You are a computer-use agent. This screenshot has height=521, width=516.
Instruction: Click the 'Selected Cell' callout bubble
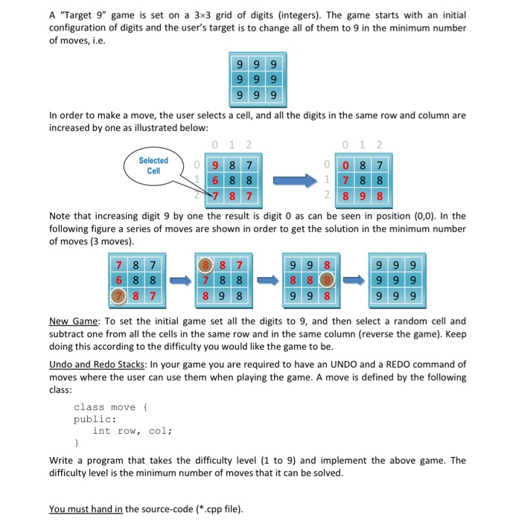click(153, 164)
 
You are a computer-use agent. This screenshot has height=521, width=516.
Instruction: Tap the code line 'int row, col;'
click(133, 430)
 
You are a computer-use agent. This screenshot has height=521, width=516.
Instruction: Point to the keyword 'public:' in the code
click(92, 418)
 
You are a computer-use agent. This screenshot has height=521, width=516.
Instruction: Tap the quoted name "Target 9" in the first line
click(80, 15)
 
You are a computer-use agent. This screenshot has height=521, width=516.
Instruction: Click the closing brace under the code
click(76, 442)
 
